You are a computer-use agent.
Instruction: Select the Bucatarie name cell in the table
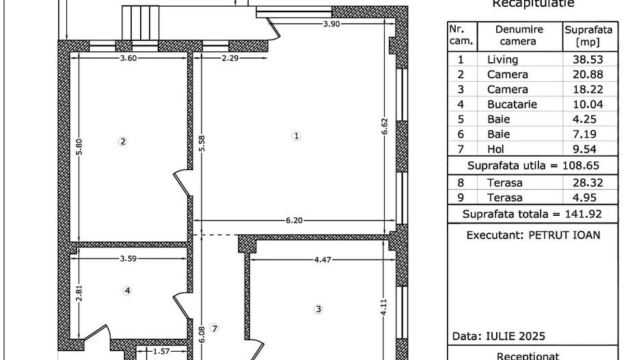click(512, 105)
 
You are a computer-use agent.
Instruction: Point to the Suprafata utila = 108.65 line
click(532, 166)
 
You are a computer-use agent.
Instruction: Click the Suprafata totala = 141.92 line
click(532, 214)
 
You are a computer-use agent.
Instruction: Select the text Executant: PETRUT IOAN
click(533, 235)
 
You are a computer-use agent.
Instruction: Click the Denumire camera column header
click(519, 36)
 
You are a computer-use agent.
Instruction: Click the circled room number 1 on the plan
click(296, 136)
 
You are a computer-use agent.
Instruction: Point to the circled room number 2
click(123, 142)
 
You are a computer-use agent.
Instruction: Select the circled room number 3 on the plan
click(318, 309)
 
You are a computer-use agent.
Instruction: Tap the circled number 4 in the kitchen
click(127, 290)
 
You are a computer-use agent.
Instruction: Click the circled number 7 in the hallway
click(214, 329)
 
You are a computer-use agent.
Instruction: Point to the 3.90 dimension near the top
click(332, 24)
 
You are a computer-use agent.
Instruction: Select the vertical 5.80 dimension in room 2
click(79, 148)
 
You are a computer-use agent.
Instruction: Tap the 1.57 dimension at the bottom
click(161, 351)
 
